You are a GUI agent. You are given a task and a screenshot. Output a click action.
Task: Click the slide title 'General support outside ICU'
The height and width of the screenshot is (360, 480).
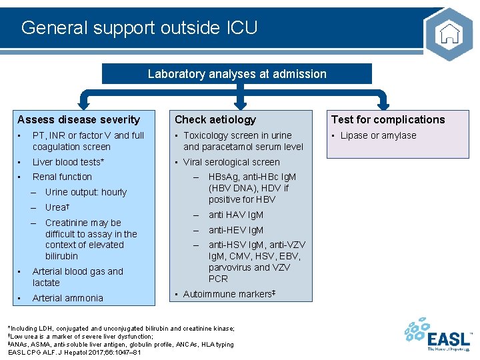[x=139, y=27]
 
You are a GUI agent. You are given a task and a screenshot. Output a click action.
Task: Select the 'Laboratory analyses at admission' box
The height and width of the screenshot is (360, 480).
[x=237, y=74]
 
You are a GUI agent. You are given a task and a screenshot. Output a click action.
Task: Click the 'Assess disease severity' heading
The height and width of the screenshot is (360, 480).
[x=79, y=120]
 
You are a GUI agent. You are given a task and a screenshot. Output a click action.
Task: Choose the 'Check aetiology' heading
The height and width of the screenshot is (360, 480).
[x=215, y=120]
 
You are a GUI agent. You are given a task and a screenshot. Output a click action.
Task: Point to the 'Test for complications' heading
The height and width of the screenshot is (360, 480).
[x=388, y=120]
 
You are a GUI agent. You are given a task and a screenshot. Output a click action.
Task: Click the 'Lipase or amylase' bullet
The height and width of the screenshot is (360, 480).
[x=378, y=136]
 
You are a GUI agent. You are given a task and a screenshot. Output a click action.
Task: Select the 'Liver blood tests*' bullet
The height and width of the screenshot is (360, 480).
[x=68, y=162]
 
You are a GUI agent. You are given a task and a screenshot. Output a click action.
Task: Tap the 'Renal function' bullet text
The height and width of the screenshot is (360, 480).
[x=62, y=177]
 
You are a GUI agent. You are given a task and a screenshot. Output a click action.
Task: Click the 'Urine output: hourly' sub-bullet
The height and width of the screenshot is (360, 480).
[x=85, y=192]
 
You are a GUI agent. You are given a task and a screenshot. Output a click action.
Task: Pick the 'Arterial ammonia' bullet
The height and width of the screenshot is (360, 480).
[x=67, y=298]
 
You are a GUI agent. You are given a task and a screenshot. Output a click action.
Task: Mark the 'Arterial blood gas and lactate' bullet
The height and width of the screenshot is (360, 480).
[x=77, y=277]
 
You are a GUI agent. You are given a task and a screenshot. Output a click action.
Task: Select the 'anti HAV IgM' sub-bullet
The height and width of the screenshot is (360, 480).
[x=235, y=215]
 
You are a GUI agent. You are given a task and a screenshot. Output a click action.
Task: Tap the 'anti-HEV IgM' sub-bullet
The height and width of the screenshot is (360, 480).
[x=235, y=230]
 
